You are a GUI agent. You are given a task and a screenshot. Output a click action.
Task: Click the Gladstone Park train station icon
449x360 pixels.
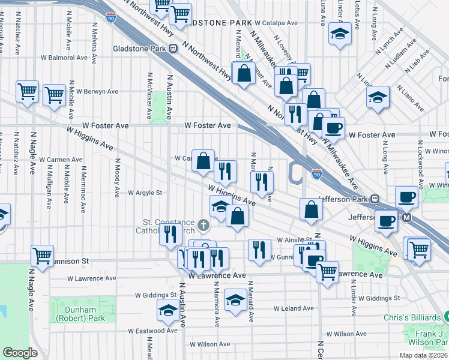(173, 49)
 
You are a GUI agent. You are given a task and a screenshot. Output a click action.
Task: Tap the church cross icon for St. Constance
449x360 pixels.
(204, 226)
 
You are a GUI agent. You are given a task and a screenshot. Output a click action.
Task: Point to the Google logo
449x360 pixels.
(20, 353)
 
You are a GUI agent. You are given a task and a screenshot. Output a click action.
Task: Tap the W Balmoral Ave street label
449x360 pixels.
(64, 58)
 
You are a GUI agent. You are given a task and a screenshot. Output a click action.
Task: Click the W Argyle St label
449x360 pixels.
(145, 193)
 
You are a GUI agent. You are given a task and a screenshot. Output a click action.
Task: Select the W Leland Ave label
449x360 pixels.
(294, 308)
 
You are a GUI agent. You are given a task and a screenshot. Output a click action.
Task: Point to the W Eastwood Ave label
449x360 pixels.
(153, 331)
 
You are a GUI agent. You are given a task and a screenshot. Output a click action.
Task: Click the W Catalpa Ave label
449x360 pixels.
(277, 23)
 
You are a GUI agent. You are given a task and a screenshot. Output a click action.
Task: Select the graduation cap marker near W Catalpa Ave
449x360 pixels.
(340, 34)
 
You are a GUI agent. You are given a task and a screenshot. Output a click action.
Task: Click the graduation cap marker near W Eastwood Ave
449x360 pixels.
(169, 310)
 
